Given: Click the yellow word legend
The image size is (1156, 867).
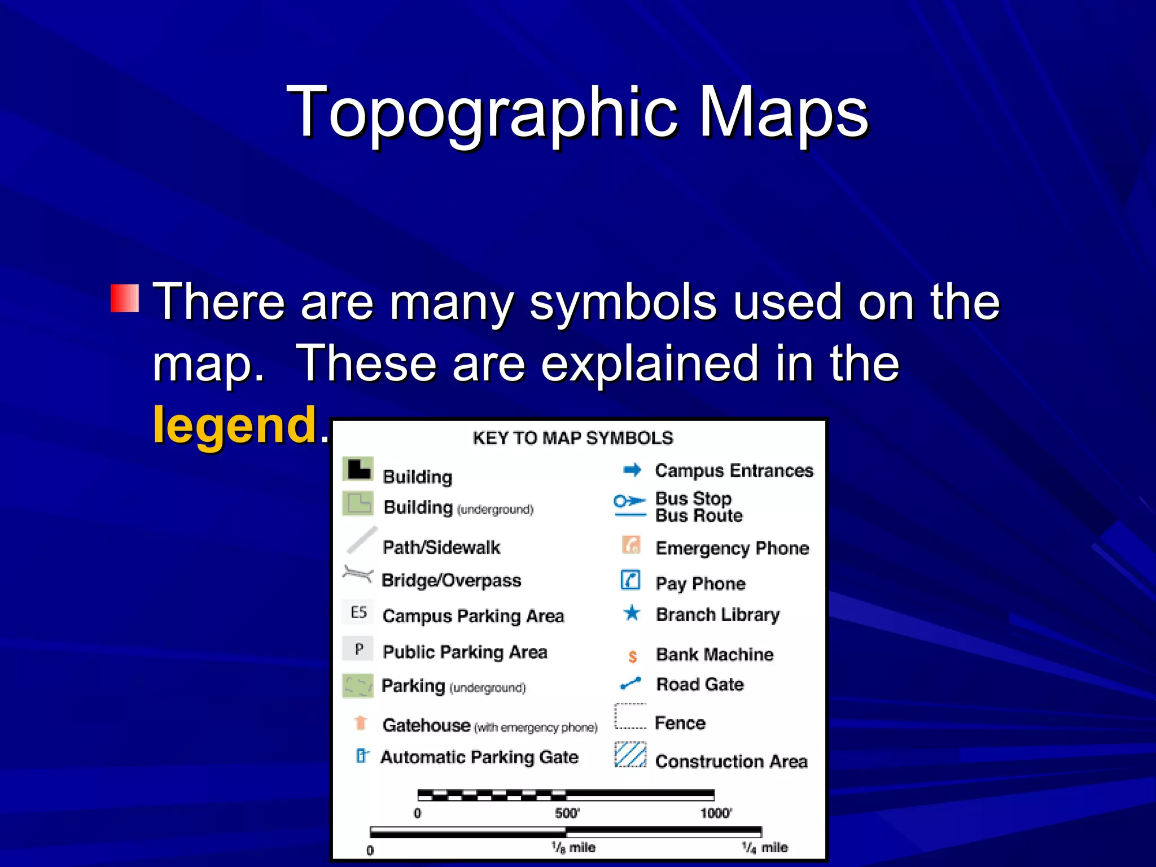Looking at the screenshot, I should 235,424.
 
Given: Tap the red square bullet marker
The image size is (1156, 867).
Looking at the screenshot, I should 125,298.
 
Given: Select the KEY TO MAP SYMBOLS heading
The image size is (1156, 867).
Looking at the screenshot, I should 573,438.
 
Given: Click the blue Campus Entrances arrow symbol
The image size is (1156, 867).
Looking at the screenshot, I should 632,470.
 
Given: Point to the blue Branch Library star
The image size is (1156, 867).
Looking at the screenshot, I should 632,613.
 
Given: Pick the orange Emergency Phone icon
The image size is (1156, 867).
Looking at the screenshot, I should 631,545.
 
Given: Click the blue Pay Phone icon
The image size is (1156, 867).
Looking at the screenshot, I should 630,580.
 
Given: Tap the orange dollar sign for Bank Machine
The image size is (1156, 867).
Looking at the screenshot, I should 632,656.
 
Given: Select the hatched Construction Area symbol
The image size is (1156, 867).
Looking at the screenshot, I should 630,755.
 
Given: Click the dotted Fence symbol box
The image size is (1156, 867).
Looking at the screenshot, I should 630,716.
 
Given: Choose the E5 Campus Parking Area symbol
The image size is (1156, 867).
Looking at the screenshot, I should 358,612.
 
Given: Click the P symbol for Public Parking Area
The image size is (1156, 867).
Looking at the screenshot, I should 359,649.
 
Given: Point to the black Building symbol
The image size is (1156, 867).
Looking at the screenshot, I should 358,469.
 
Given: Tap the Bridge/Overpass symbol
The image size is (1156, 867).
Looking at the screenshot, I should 358,575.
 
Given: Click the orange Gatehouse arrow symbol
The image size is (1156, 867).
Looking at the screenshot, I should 361,722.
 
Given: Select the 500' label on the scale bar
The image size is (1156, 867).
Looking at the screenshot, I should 567,813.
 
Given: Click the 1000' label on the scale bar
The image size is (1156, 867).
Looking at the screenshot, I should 716,813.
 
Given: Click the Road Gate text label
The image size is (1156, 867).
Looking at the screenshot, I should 700,685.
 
